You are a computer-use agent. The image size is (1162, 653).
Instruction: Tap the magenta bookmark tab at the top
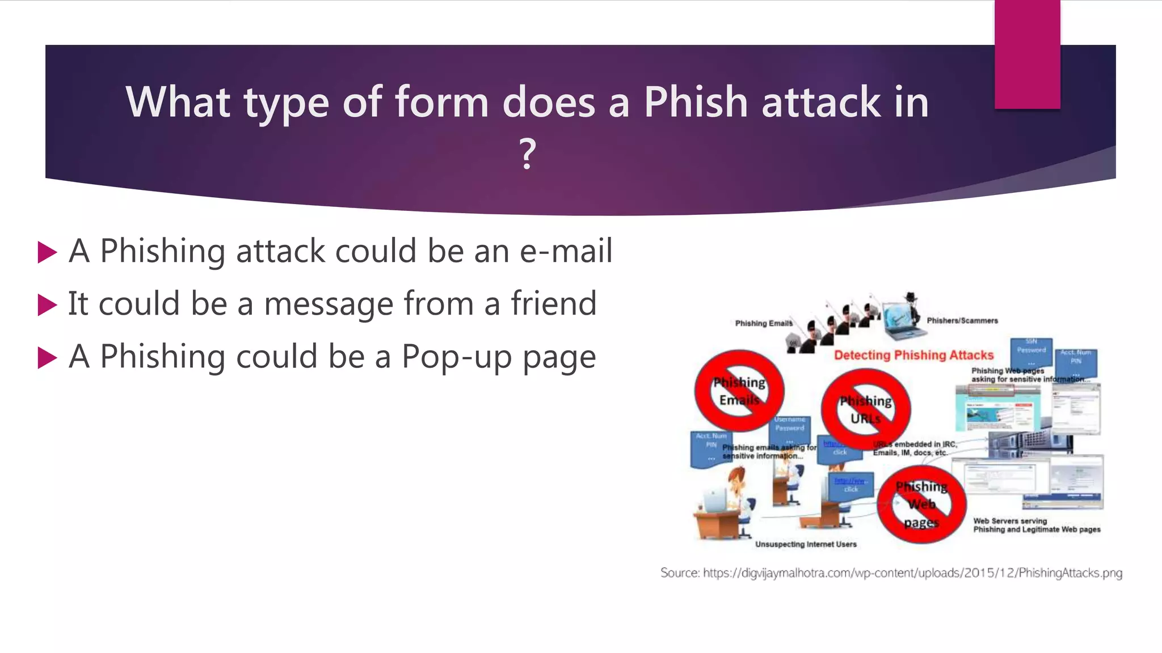[1027, 54]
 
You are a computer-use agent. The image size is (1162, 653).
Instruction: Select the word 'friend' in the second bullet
[553, 303]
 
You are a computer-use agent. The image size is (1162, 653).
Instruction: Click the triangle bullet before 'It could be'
[47, 305]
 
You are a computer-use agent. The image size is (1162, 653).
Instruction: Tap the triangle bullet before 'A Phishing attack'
[47, 252]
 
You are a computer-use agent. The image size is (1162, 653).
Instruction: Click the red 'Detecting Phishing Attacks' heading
[913, 355]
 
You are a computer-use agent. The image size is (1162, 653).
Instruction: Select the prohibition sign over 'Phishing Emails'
[739, 391]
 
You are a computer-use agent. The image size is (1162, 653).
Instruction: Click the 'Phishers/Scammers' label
[962, 321]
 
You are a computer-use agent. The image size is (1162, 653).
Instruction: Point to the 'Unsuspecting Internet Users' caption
[806, 544]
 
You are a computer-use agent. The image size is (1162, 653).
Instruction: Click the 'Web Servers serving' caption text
[1010, 521]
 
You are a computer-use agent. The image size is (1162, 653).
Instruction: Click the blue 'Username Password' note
[790, 429]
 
